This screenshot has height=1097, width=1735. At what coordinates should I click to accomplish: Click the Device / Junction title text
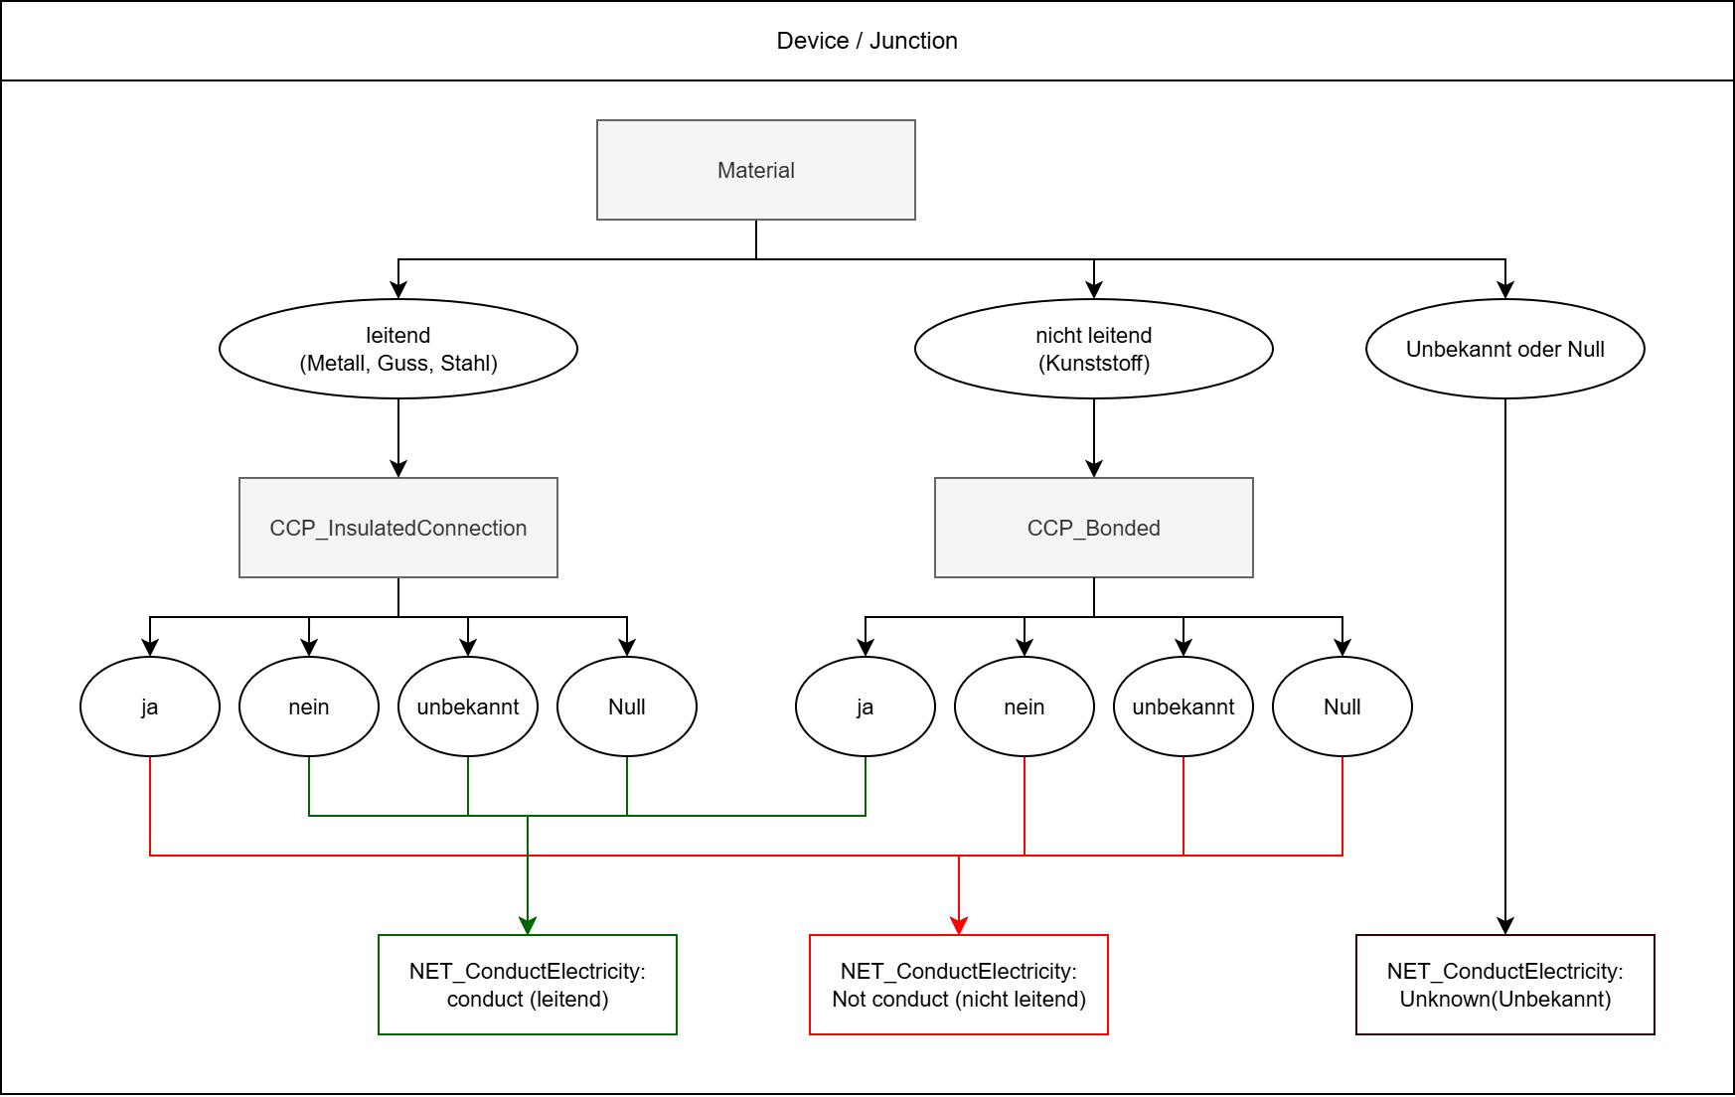tap(867, 41)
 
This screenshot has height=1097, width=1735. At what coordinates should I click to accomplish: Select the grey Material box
tap(755, 170)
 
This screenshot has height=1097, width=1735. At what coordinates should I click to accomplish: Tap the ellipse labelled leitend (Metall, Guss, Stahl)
tap(397, 349)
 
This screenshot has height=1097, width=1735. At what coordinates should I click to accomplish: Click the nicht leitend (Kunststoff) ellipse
tap(1093, 349)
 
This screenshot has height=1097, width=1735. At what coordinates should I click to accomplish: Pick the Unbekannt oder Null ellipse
tap(1504, 349)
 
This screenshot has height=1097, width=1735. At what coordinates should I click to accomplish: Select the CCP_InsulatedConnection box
tap(397, 528)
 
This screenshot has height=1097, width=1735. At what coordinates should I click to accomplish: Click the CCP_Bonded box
tap(1093, 528)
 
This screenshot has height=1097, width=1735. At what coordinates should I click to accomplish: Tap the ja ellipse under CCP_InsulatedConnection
tap(149, 706)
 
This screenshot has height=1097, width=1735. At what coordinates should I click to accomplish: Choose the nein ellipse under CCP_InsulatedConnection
tap(308, 706)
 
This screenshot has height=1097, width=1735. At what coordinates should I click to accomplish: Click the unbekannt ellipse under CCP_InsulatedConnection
tap(467, 706)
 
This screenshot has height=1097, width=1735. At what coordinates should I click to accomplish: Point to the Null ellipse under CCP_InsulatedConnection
tap(626, 706)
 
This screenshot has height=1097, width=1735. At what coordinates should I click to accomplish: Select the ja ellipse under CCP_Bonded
tap(865, 706)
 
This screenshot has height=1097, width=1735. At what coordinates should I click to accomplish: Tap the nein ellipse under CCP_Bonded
tap(1024, 706)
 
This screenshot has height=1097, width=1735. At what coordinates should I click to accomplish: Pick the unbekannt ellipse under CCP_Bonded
tap(1183, 706)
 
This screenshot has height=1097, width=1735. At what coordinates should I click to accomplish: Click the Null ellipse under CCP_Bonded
tap(1341, 706)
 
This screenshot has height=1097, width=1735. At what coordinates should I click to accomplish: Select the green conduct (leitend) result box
tap(527, 985)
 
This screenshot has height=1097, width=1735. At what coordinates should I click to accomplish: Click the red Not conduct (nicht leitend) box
tap(958, 985)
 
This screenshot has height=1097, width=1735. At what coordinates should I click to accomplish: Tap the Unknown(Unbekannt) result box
tap(1504, 985)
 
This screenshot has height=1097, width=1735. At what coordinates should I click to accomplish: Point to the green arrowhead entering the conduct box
tap(528, 926)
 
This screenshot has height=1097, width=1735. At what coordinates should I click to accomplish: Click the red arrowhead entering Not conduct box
tap(959, 926)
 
